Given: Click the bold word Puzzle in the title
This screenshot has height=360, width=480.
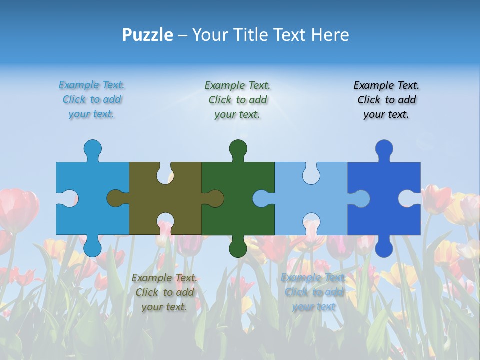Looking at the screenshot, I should point(147,35).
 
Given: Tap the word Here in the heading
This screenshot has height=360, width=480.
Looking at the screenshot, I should point(329,35).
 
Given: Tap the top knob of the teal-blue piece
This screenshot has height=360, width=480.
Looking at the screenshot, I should point(92,148).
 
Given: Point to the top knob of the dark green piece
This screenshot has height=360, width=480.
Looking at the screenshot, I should point(238,148).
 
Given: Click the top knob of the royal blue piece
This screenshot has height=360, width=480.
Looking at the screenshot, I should point(384,148).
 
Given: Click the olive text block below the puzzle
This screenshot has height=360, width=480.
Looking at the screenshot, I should point(164,292).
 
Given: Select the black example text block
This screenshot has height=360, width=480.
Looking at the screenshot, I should point(386,100).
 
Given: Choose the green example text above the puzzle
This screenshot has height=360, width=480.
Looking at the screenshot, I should point(237,100).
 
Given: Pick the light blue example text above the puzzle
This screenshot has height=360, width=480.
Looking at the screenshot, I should point(92,100).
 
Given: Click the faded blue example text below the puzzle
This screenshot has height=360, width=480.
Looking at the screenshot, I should point(313,292).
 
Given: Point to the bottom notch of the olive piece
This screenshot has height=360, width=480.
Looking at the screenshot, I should point(165,223).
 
